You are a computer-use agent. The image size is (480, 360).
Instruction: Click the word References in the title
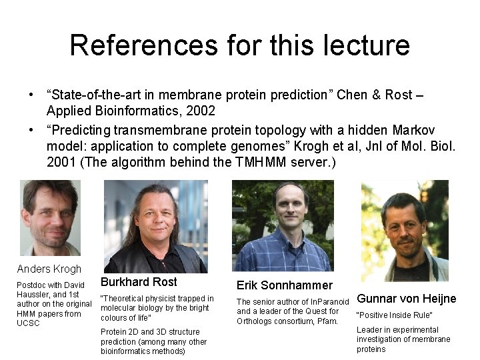tap(143, 45)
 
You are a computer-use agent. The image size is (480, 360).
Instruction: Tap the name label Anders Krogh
tap(49, 269)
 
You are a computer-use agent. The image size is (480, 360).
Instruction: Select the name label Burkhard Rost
tap(139, 281)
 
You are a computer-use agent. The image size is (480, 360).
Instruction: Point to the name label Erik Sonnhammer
tap(284, 285)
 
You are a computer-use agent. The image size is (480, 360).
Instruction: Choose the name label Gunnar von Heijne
tap(407, 298)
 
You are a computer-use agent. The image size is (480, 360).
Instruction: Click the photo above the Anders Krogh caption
tap(49, 217)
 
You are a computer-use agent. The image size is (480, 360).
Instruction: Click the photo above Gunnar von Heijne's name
tap(404, 231)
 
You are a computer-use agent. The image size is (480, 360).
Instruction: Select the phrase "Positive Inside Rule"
tap(395, 315)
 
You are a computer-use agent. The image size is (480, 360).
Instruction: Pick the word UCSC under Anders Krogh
tap(28, 323)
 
